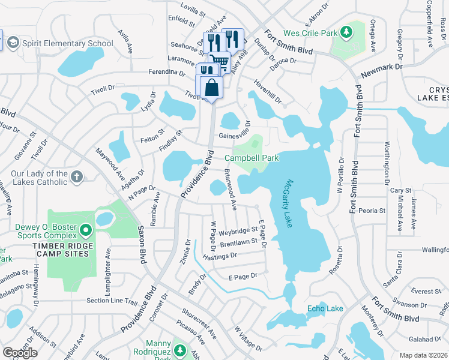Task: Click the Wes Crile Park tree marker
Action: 346,32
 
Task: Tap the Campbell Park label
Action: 252,158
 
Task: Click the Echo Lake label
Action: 325,308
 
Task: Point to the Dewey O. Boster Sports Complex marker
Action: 86,230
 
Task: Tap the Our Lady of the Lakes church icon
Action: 76,176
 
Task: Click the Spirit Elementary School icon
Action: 13,43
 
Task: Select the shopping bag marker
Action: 212,88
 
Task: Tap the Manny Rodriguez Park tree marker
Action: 179,349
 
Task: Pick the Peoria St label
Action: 372,211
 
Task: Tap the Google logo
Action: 20,353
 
